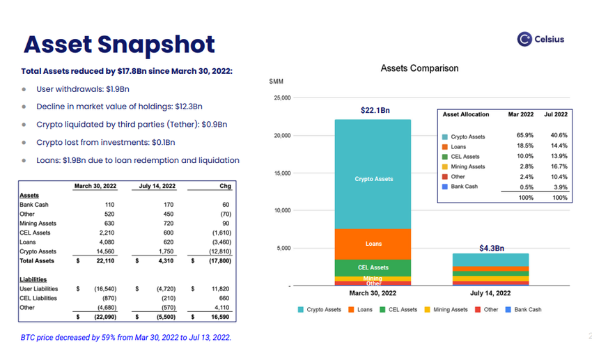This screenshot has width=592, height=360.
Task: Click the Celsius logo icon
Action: pos(525,40)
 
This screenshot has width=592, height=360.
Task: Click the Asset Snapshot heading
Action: pos(119,44)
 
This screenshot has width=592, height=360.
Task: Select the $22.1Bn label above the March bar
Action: pos(374,110)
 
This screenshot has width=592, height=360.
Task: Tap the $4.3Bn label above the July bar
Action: pos(491,248)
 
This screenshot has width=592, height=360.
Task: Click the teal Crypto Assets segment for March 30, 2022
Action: pos(373,179)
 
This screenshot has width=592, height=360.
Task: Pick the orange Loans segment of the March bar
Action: pos(373,244)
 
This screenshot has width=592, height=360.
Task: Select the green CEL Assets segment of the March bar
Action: pos(373,267)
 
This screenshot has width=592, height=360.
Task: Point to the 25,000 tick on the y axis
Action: pos(281,98)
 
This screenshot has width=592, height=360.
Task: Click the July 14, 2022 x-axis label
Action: pos(490,293)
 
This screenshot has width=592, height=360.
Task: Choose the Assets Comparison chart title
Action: pos(419,68)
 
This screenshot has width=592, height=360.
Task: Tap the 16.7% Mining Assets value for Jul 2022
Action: pos(559,166)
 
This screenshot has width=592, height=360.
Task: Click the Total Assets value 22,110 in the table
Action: pos(104,261)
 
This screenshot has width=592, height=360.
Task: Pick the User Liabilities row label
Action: pos(39,288)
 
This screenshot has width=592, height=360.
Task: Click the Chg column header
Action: pos(224,186)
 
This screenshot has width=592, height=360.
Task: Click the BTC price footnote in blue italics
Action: pos(125,337)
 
